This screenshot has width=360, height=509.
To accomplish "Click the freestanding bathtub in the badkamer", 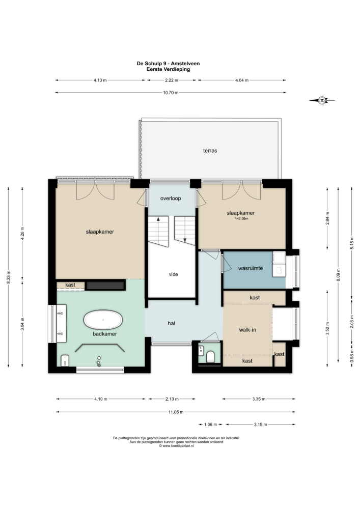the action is coord(103,320).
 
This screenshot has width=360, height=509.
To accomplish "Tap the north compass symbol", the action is coord(322,100).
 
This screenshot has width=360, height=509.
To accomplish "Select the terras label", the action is coord(210,151).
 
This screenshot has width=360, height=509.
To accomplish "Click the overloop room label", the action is coord(171,199).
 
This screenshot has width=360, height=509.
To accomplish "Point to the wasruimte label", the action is coord(251,268).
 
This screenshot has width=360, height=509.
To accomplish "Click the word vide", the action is coord(173,274).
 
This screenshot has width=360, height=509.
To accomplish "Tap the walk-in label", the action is coord(247,330).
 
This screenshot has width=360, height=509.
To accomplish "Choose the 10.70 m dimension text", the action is coord(171,93).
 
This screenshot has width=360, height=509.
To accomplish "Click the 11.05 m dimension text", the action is coord(176,412).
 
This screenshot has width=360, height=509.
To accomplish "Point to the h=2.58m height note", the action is coord(241,219).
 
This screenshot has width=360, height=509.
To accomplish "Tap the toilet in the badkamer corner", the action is coord(65,360).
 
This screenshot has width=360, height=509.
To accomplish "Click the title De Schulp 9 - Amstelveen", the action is coord(168,64).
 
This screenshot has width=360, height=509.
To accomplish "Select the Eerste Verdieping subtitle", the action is coord(168,69).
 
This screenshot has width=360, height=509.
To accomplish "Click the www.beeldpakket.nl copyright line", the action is coord(176,446).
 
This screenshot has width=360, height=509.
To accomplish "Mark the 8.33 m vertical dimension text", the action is coord(9,277).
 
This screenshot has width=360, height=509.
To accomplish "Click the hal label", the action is coord(172,323).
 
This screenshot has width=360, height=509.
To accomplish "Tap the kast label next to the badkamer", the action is coord(70,285).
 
